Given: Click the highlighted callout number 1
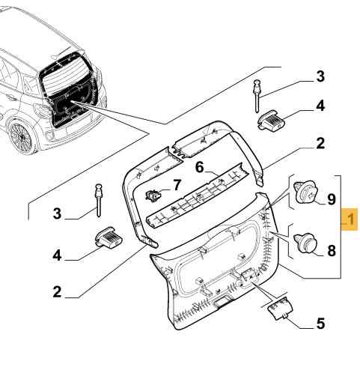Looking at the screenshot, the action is (x=350, y=219).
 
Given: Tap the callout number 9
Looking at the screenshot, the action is (x=331, y=199).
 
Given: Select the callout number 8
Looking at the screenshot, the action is (x=332, y=250).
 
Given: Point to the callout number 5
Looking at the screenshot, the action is (x=320, y=324).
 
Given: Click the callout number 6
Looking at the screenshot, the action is (x=199, y=167).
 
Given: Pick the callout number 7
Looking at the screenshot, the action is (x=177, y=185).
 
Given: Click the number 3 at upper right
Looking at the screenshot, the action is (x=320, y=76).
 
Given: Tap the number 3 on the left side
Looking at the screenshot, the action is (x=57, y=213).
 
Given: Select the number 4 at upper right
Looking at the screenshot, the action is (x=320, y=106).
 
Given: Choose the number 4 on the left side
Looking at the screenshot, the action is (x=57, y=255).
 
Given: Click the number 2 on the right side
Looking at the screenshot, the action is (x=320, y=143).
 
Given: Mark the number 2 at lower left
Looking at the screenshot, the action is (x=57, y=291).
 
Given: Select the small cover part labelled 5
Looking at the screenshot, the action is (x=280, y=308).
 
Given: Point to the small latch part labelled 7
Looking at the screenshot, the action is (x=153, y=195).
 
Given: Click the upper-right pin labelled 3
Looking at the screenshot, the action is (x=257, y=96).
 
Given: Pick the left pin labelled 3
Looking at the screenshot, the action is (x=99, y=200).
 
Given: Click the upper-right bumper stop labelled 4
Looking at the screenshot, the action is (x=271, y=121).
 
